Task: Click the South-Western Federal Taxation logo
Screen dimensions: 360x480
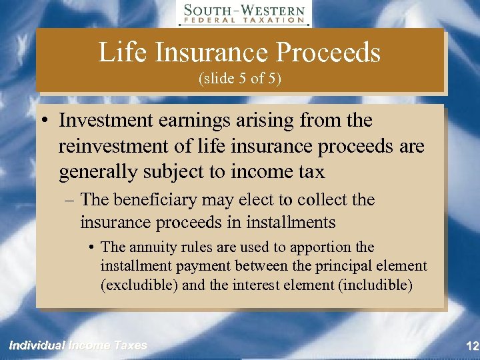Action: tap(244, 13)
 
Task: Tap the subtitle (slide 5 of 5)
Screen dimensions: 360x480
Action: tap(240, 79)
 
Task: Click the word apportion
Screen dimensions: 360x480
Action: tap(321, 247)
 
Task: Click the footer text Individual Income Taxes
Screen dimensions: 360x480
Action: tap(77, 345)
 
